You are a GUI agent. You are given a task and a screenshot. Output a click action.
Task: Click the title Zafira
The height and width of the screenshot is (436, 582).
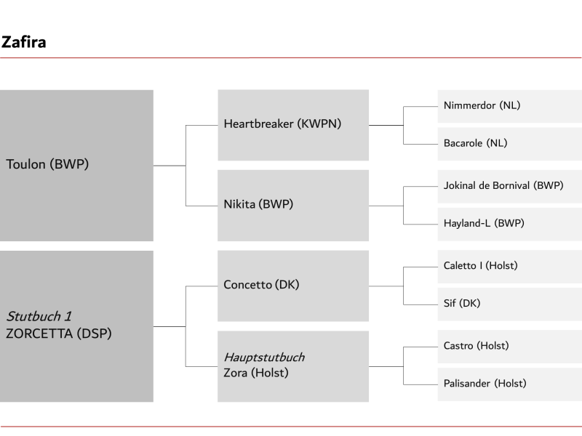pos(24,42)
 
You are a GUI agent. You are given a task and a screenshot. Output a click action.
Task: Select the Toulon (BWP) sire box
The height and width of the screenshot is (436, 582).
pos(76,166)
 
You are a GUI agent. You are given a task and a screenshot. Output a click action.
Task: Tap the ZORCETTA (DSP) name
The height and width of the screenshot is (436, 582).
pos(59,334)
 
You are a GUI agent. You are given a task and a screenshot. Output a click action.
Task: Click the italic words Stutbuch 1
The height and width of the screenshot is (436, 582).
pos(39,316)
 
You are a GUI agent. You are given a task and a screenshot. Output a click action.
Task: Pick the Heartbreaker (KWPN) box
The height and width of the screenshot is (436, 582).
pos(293,125)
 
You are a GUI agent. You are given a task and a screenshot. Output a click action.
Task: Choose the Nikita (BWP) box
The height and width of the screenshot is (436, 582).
pos(293,206)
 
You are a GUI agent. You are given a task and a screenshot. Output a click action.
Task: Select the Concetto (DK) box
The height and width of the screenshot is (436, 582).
pos(293,286)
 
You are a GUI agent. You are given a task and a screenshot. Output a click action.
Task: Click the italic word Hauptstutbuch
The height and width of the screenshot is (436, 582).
pos(264,357)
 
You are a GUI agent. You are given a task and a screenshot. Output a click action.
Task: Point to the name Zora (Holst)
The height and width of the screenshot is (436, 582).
pos(256,373)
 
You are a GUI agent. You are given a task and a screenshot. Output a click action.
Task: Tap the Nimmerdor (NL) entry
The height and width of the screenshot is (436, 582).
pos(510,106)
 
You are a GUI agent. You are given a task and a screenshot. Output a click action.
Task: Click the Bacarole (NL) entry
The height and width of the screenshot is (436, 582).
pos(510,144)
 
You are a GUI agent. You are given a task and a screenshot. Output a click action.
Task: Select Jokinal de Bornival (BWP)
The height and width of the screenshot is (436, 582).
pos(510,187)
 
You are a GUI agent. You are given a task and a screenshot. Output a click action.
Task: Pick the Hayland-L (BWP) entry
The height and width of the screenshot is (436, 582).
pos(510,224)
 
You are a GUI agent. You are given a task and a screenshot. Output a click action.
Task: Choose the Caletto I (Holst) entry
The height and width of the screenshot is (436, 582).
pos(510,267)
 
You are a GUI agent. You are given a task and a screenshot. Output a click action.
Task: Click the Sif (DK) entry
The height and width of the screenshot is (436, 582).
pos(510,304)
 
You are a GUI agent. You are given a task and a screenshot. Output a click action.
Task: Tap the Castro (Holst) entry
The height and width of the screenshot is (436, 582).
pos(510,347)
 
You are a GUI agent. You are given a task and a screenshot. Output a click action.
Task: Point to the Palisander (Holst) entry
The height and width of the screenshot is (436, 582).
pos(510,384)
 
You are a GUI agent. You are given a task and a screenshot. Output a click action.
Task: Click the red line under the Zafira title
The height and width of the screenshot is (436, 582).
pos(290,58)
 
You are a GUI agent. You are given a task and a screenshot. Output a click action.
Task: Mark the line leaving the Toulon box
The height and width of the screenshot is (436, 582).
pos(170,166)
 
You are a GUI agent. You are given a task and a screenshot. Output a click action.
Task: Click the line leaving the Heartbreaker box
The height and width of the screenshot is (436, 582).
pos(386,125)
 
